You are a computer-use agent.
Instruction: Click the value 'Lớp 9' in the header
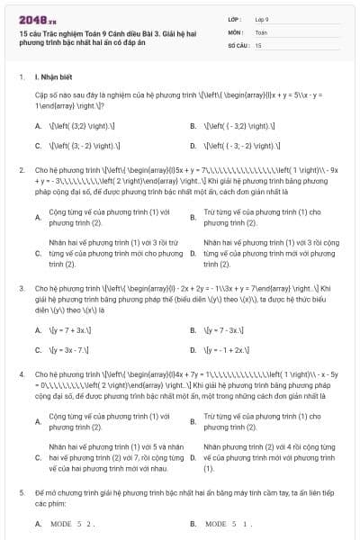(x=262, y=18)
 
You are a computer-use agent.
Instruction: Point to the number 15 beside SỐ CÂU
(x=258, y=44)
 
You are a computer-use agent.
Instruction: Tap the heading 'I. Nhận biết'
(x=56, y=77)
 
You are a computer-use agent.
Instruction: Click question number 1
(x=21, y=77)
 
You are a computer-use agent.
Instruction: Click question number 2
(x=21, y=167)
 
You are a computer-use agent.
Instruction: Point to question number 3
(x=21, y=288)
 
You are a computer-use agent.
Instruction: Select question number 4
(x=21, y=372)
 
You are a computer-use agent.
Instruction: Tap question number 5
(x=21, y=494)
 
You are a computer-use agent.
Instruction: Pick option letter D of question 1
(x=193, y=144)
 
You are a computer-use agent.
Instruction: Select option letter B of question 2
(x=193, y=217)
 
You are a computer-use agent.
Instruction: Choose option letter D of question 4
(x=193, y=458)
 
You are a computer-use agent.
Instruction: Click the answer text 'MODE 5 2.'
(x=73, y=523)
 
